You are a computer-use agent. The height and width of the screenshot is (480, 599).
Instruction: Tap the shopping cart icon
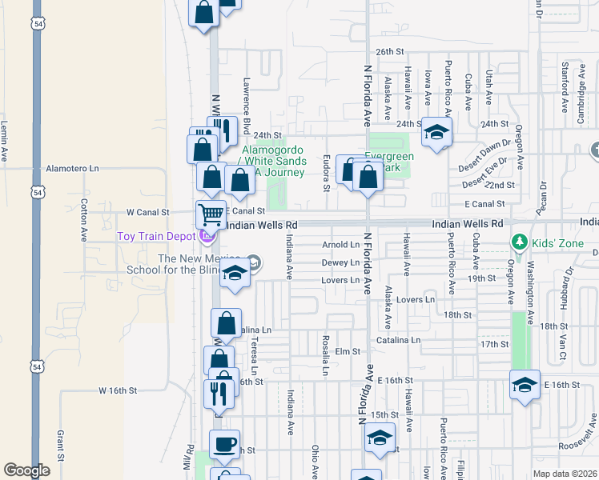coord(211,214)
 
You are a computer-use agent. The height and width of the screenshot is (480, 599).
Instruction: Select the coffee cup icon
coord(224,442)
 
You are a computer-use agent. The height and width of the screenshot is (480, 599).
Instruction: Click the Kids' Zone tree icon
coord(519,242)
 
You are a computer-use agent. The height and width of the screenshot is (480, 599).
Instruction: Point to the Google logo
coord(26,470)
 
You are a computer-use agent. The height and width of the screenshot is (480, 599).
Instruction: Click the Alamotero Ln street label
coord(72,169)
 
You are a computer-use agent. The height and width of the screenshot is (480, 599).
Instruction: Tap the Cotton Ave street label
coord(83,221)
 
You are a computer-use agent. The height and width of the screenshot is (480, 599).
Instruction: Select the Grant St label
coord(60,446)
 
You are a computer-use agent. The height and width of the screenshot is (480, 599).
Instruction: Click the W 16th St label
coord(119,390)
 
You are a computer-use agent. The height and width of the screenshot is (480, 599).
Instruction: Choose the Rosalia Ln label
coord(326,354)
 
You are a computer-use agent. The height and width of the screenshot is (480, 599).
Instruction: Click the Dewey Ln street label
coord(340,262)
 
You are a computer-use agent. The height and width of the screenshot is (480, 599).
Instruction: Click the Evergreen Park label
coord(389,162)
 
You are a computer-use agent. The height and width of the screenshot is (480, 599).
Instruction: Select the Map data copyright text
coord(565,473)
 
